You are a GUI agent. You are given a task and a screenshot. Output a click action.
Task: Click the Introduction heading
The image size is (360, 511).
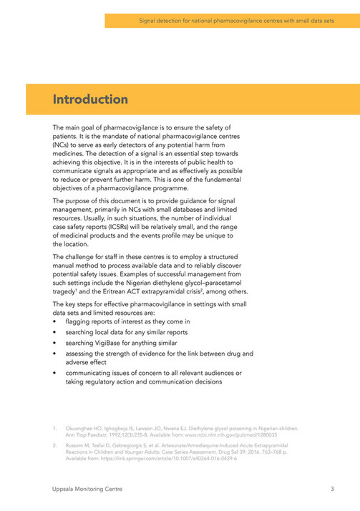(90, 98)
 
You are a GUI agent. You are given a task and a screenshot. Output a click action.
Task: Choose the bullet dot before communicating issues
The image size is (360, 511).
(56, 374)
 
